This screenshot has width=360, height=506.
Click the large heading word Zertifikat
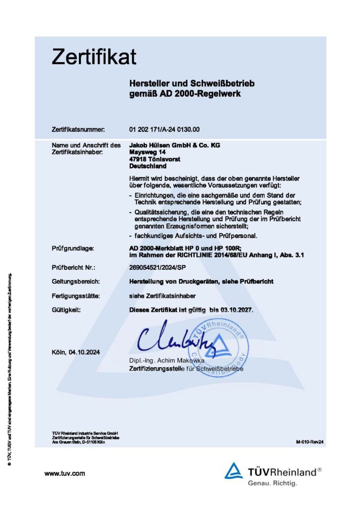coord(94,57)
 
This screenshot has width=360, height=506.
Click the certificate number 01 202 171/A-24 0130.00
coord(164,129)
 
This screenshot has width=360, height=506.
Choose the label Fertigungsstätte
coord(76,295)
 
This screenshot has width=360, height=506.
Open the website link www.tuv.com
coord(65,473)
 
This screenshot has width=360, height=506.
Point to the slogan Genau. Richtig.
coord(273,483)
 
